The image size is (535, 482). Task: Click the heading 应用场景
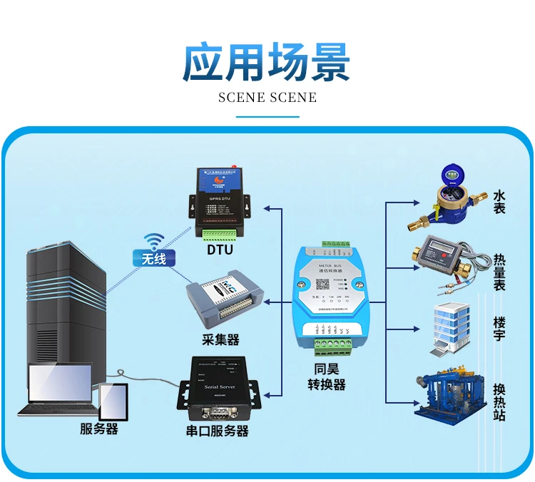point(267,62)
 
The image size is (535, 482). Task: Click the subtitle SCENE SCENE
point(267,98)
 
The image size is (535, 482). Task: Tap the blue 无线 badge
point(154,258)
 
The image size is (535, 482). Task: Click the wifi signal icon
point(153,240)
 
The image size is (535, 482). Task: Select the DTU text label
point(220,250)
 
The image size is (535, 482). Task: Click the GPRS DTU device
point(219,202)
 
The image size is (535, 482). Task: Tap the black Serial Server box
point(220,389)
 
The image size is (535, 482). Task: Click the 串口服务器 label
point(218,431)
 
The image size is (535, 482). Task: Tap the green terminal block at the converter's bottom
point(332,345)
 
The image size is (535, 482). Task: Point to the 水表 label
point(499,201)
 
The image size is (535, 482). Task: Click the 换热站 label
point(499,401)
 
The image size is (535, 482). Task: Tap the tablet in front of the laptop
point(113,402)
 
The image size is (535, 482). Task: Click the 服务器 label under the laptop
point(99,429)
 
